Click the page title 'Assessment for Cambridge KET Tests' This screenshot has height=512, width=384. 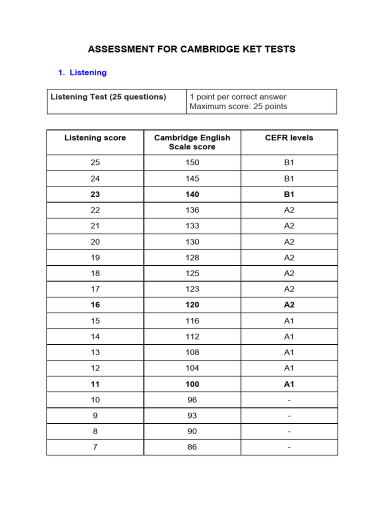191,49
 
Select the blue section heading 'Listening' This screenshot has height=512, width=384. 88,72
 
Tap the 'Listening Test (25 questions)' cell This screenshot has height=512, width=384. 108,97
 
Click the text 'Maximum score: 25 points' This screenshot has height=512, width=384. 238,106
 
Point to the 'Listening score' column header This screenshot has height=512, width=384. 95,138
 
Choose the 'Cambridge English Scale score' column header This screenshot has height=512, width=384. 192,142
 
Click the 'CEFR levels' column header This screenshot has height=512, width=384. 289,138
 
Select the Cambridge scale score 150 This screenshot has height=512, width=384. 192,162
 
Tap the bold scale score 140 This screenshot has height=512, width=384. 192,194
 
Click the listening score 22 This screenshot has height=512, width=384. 95,210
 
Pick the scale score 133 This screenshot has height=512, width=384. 192,226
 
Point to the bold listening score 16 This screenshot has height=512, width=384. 95,305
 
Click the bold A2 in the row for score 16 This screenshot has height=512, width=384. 289,305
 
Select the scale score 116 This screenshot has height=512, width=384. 192,321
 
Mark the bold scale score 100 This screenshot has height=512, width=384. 192,384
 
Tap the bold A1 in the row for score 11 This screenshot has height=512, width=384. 289,384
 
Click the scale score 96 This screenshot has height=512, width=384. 192,400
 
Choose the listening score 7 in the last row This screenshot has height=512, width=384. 95,447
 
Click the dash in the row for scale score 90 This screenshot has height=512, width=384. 289,431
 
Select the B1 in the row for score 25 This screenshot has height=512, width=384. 289,162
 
